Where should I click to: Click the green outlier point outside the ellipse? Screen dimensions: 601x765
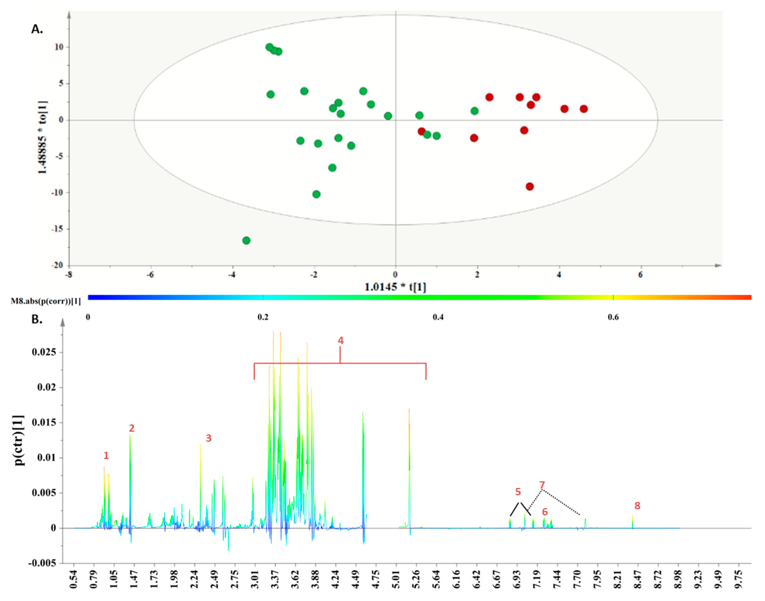[246, 240]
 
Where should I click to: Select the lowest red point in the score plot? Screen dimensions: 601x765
[530, 186]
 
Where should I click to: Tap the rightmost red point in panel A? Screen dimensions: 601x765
[584, 109]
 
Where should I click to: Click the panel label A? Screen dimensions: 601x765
[37, 29]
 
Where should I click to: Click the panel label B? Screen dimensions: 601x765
[37, 320]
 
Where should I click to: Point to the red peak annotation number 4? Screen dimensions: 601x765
[341, 340]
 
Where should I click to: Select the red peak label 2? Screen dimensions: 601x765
[132, 428]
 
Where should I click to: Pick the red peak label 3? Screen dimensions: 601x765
[209, 438]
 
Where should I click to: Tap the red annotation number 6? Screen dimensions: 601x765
[545, 512]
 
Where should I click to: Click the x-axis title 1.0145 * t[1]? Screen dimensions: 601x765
[395, 287]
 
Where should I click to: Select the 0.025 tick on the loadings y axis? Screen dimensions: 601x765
[44, 352]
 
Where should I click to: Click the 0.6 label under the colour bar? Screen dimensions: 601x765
[613, 317]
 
